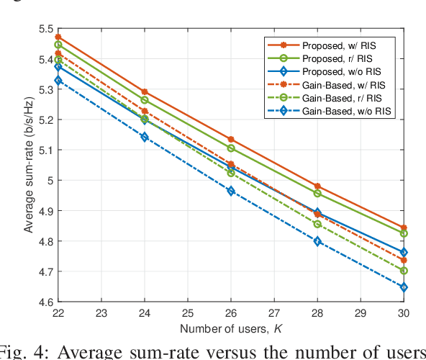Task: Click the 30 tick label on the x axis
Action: (x=404, y=314)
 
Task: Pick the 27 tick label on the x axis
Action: (x=274, y=314)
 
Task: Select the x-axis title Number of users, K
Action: (x=231, y=330)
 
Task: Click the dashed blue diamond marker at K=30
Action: (x=404, y=287)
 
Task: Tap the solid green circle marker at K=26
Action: (x=231, y=148)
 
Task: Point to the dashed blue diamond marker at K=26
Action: (x=231, y=192)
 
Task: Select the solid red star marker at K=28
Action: (x=317, y=186)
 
